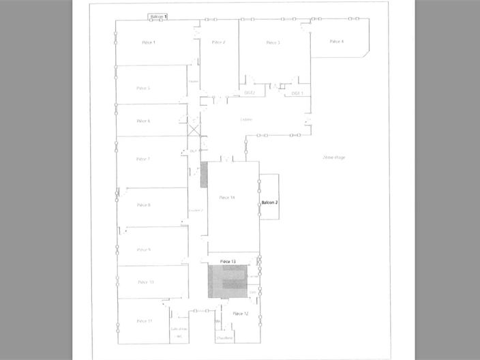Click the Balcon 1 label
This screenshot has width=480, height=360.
(158, 15)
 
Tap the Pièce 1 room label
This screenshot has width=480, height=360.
(149, 42)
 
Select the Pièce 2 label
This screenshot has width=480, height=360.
(218, 42)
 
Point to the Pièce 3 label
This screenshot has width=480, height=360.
(273, 42)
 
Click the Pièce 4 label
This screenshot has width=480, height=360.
(336, 42)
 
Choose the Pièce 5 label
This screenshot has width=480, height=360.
(143, 88)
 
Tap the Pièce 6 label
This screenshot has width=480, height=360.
(143, 121)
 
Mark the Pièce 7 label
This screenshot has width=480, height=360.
(143, 159)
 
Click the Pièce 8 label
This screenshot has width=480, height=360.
(144, 205)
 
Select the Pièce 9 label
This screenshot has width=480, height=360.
(144, 250)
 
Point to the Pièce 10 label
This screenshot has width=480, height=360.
(145, 282)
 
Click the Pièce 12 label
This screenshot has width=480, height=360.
(240, 314)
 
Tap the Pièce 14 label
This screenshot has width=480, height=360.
(227, 198)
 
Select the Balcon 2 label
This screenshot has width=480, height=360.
(270, 203)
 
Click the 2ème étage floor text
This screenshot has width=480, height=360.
(334, 157)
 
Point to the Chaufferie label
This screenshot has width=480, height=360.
(225, 337)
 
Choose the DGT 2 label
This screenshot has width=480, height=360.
(249, 93)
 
